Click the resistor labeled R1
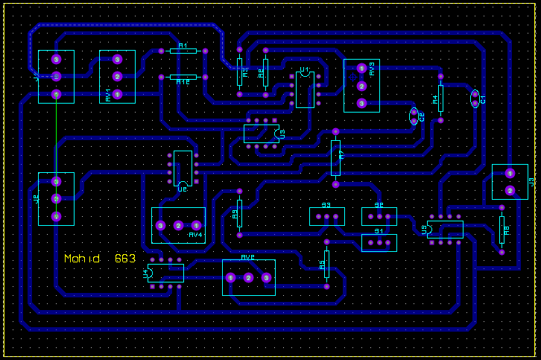point(183,51)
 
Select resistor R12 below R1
point(183,78)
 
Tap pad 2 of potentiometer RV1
point(117,77)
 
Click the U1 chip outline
point(305,90)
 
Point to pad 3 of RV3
point(361,104)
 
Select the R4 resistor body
point(440,98)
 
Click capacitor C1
point(475,98)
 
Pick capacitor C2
point(414,116)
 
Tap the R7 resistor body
point(335,157)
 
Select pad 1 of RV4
point(197,225)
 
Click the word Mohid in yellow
point(81,259)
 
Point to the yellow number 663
point(125,259)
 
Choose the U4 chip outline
point(165,273)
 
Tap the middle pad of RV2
point(248,278)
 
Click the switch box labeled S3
point(326,216)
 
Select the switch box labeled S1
point(379,242)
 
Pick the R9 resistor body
point(239,212)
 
